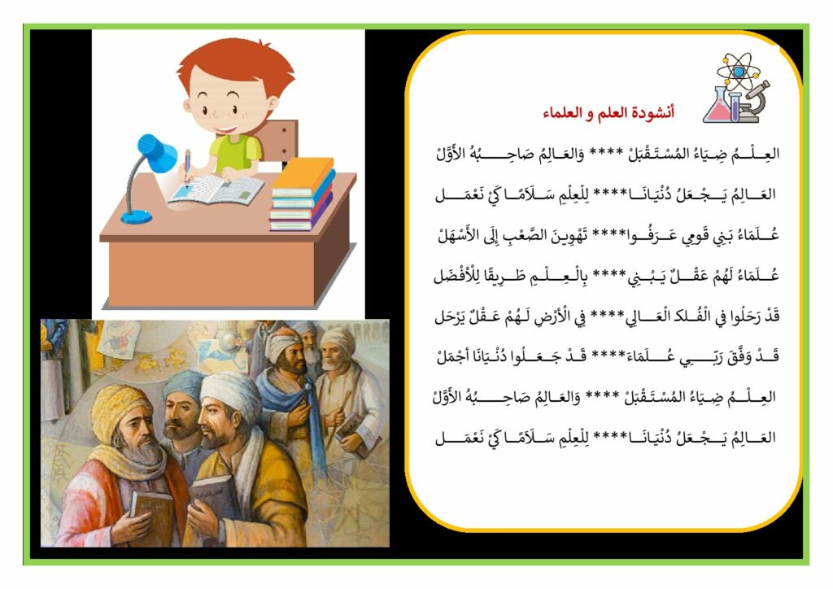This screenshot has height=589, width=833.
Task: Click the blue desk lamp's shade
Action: (x=157, y=152)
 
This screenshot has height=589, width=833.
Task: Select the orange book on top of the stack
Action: (x=303, y=176)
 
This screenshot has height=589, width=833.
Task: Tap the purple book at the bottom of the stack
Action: (x=301, y=218)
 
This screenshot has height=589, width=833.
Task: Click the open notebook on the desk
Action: (x=216, y=190)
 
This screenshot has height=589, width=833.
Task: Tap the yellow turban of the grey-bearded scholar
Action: (x=120, y=409)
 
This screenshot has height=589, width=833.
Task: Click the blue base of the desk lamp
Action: (x=137, y=216)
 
